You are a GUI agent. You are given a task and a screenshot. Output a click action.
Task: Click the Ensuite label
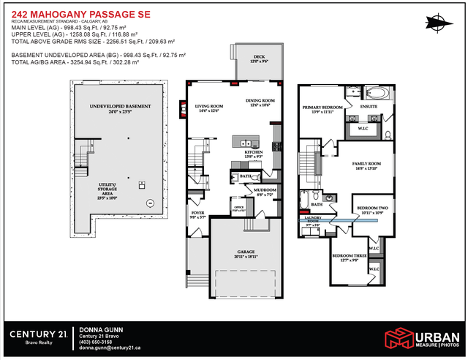pyautogui.click(x=369, y=107)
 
